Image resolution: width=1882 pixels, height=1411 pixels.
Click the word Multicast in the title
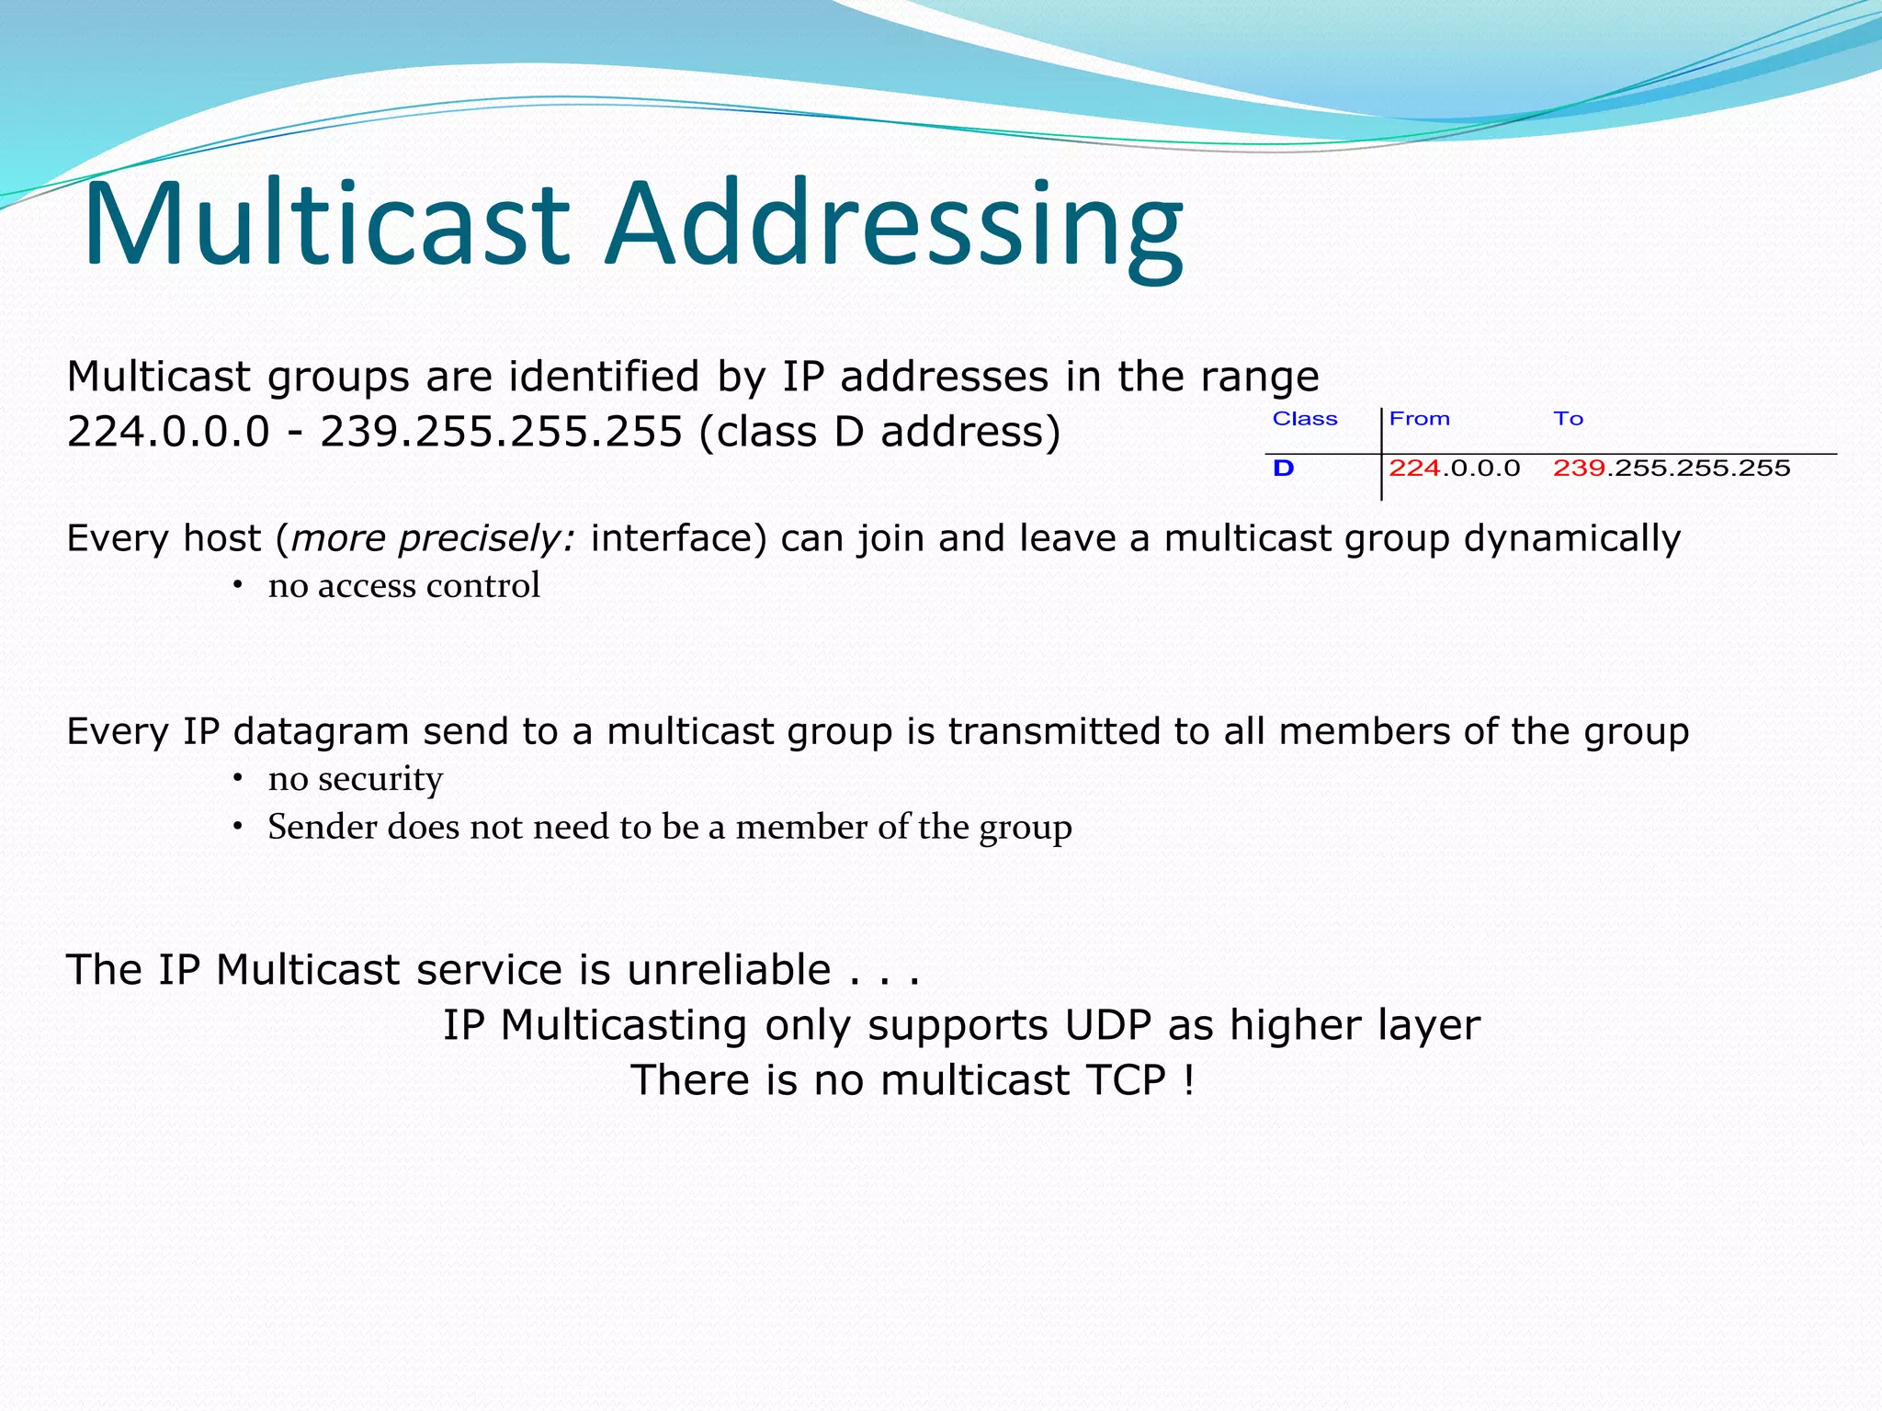click(x=326, y=224)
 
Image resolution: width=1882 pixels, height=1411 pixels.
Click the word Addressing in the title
click(x=893, y=228)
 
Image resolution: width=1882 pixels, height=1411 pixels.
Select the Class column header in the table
click(x=1304, y=419)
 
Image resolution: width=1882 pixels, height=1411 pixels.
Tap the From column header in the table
click(x=1419, y=419)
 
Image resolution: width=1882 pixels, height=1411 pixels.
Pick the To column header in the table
click(x=1568, y=419)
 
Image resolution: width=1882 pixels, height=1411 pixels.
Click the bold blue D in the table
click(x=1283, y=468)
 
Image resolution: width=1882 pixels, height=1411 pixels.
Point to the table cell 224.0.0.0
click(x=1454, y=468)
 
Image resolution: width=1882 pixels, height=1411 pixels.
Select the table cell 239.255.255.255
click(x=1671, y=468)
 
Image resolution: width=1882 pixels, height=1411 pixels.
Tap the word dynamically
click(x=1571, y=538)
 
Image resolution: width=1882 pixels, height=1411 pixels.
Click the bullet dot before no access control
click(x=237, y=585)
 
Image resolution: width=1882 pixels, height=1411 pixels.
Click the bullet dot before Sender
click(x=237, y=826)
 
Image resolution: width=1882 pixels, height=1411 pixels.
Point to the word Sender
click(x=322, y=827)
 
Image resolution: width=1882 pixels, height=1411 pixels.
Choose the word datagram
click(x=321, y=732)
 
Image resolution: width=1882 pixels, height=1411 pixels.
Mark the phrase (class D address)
click(x=879, y=432)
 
